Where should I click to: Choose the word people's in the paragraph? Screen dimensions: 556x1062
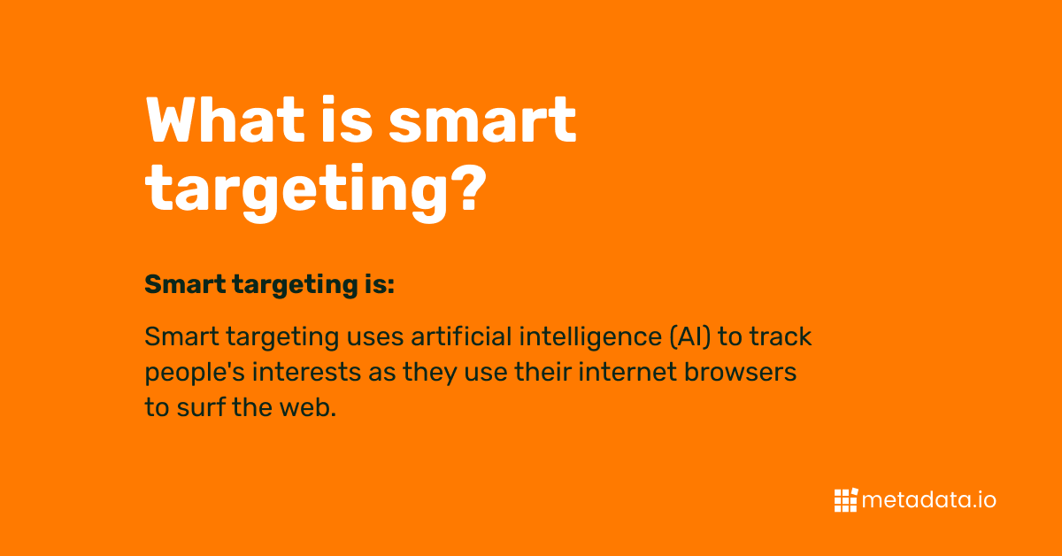[195, 373]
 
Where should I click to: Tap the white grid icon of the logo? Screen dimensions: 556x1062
[845, 500]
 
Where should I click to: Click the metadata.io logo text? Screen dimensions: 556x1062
[929, 500]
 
